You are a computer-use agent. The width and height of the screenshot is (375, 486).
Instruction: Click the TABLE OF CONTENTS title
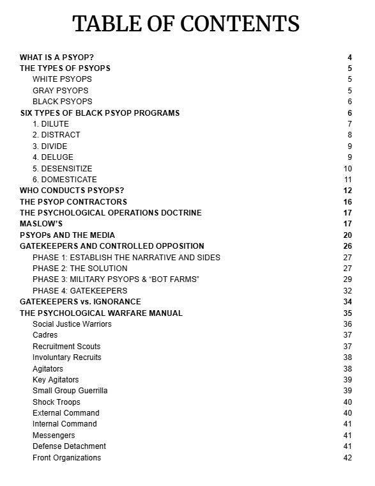[186, 24]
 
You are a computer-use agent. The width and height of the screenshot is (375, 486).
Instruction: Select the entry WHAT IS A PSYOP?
[57, 58]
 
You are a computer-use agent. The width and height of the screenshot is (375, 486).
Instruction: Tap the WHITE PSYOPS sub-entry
[62, 79]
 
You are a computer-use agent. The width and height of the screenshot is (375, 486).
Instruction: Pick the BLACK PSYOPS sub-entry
[62, 102]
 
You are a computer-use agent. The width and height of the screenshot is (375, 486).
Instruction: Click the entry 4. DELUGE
[53, 157]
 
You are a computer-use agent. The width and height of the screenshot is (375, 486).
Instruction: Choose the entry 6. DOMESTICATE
[65, 180]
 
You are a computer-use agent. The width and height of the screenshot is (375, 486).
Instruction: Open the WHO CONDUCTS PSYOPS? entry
[72, 191]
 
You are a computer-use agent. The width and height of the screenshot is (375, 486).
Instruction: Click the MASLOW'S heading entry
[42, 224]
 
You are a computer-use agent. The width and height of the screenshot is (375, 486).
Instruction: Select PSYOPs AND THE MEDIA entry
[67, 235]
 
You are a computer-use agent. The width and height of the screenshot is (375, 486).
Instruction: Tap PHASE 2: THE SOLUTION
[80, 269]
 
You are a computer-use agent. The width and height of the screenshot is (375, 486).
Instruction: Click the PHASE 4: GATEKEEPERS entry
[80, 291]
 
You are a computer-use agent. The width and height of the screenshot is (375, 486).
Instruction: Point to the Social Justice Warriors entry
[72, 324]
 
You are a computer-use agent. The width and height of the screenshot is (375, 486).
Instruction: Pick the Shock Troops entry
[56, 402]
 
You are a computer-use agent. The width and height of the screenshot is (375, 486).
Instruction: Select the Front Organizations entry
[66, 458]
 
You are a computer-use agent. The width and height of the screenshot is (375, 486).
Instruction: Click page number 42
[348, 458]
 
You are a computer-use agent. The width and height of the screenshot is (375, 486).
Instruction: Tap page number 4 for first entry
[349, 58]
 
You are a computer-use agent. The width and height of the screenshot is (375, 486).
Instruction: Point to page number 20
[348, 235]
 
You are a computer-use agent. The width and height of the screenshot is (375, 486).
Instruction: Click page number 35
[348, 313]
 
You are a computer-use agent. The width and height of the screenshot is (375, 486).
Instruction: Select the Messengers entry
[54, 435]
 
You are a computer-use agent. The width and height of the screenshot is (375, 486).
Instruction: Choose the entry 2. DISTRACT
[56, 135]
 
